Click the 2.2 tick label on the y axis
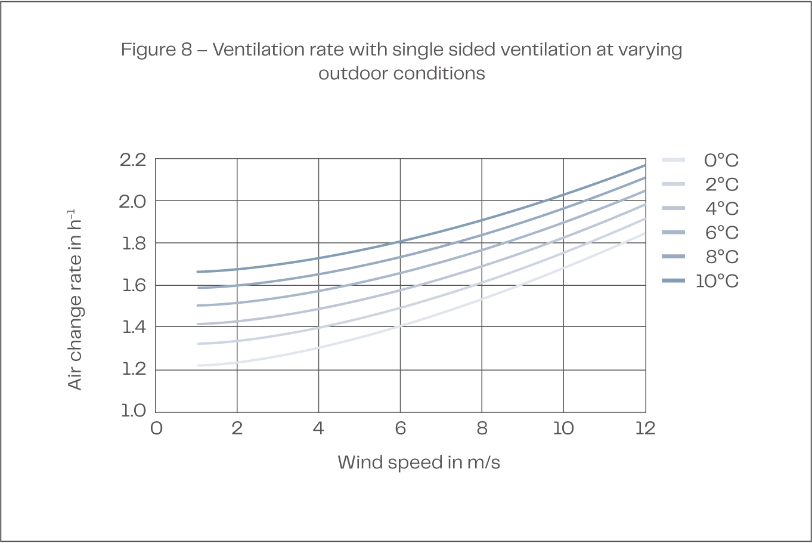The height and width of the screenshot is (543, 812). (x=132, y=159)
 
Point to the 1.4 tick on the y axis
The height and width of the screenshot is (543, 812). (x=132, y=326)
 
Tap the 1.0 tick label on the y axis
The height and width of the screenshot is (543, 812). (x=132, y=411)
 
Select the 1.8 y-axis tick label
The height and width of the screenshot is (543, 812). (x=132, y=243)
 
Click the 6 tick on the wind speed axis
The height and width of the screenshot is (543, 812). (x=400, y=428)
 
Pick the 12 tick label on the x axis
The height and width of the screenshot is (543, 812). (x=644, y=428)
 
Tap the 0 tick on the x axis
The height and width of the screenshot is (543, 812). (x=156, y=428)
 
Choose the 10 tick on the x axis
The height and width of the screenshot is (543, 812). (x=563, y=428)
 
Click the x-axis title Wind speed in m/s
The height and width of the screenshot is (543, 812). (x=419, y=462)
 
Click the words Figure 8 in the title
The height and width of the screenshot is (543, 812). (x=156, y=50)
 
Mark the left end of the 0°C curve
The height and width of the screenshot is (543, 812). (x=198, y=365)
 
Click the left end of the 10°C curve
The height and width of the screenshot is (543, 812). (x=198, y=271)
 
